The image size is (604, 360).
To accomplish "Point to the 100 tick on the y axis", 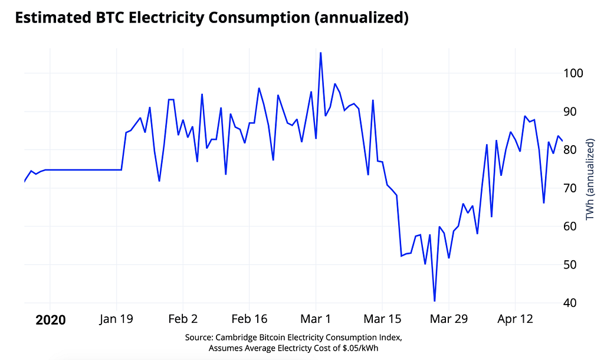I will (x=573, y=73).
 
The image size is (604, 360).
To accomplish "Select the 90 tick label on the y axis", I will (x=570, y=112).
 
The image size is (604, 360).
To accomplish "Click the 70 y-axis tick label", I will (x=570, y=188).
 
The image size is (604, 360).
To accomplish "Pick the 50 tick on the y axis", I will (x=570, y=264).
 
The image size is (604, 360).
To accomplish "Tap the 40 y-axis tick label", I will (x=570, y=303).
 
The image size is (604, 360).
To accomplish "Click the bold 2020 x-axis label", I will (x=50, y=320).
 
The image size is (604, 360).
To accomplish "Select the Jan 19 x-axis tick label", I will (x=117, y=319).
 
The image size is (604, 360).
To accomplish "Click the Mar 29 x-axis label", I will (x=449, y=319).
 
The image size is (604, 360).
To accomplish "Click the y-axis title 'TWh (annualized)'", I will (x=590, y=180).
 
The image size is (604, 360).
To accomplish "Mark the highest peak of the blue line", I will (x=320, y=53).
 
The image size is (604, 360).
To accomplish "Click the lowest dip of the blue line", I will (x=435, y=301).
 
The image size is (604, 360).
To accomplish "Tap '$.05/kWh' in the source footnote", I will (x=359, y=348).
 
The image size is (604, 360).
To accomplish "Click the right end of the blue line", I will (x=562, y=140).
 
